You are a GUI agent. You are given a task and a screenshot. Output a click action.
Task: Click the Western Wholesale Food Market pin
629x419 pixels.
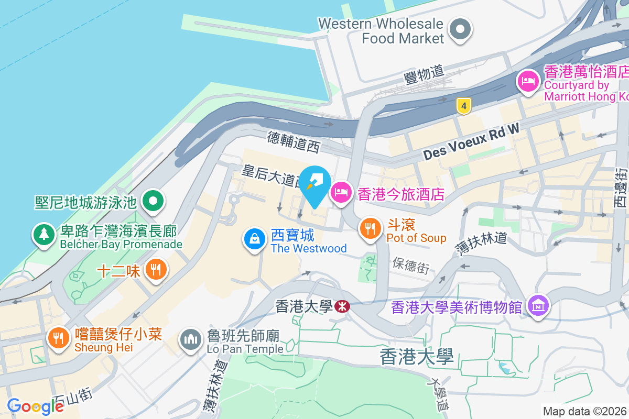pos(461,29)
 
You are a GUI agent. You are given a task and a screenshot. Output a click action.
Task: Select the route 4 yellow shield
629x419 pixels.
pos(462,106)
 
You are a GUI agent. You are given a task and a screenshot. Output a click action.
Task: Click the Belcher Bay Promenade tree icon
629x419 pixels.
pos(44,234)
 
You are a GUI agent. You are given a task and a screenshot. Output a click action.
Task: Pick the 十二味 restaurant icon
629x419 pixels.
pos(155,270)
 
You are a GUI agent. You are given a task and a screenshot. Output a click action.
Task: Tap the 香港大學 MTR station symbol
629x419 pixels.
pos(343,306)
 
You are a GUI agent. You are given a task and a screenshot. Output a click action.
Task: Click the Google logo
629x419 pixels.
pos(35,406)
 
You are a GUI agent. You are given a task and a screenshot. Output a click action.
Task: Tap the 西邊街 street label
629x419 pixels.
pos(622,189)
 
